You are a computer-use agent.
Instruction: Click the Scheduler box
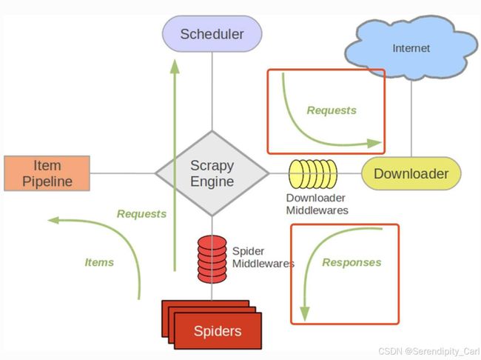212,34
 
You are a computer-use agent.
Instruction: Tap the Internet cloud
411,47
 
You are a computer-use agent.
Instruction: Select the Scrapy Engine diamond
212,173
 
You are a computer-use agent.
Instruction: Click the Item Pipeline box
47,173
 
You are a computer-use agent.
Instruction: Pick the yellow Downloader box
411,173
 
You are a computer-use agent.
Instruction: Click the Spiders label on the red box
218,331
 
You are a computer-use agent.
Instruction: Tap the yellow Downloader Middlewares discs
313,174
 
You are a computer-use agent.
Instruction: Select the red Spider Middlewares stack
212,259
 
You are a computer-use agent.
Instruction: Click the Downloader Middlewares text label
317,204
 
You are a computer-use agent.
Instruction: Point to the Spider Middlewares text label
263,257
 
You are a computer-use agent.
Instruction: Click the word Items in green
99,262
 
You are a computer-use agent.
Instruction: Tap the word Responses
351,262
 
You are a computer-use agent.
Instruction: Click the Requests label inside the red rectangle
332,110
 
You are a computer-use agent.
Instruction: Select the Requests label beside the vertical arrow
142,214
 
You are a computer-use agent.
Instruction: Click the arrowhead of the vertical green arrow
175,67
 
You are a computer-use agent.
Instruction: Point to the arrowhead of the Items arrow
53,220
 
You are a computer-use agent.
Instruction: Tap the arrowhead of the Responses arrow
305,314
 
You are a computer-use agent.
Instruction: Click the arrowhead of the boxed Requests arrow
374,143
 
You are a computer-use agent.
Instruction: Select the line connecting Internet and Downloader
411,119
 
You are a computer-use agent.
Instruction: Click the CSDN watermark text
429,351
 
